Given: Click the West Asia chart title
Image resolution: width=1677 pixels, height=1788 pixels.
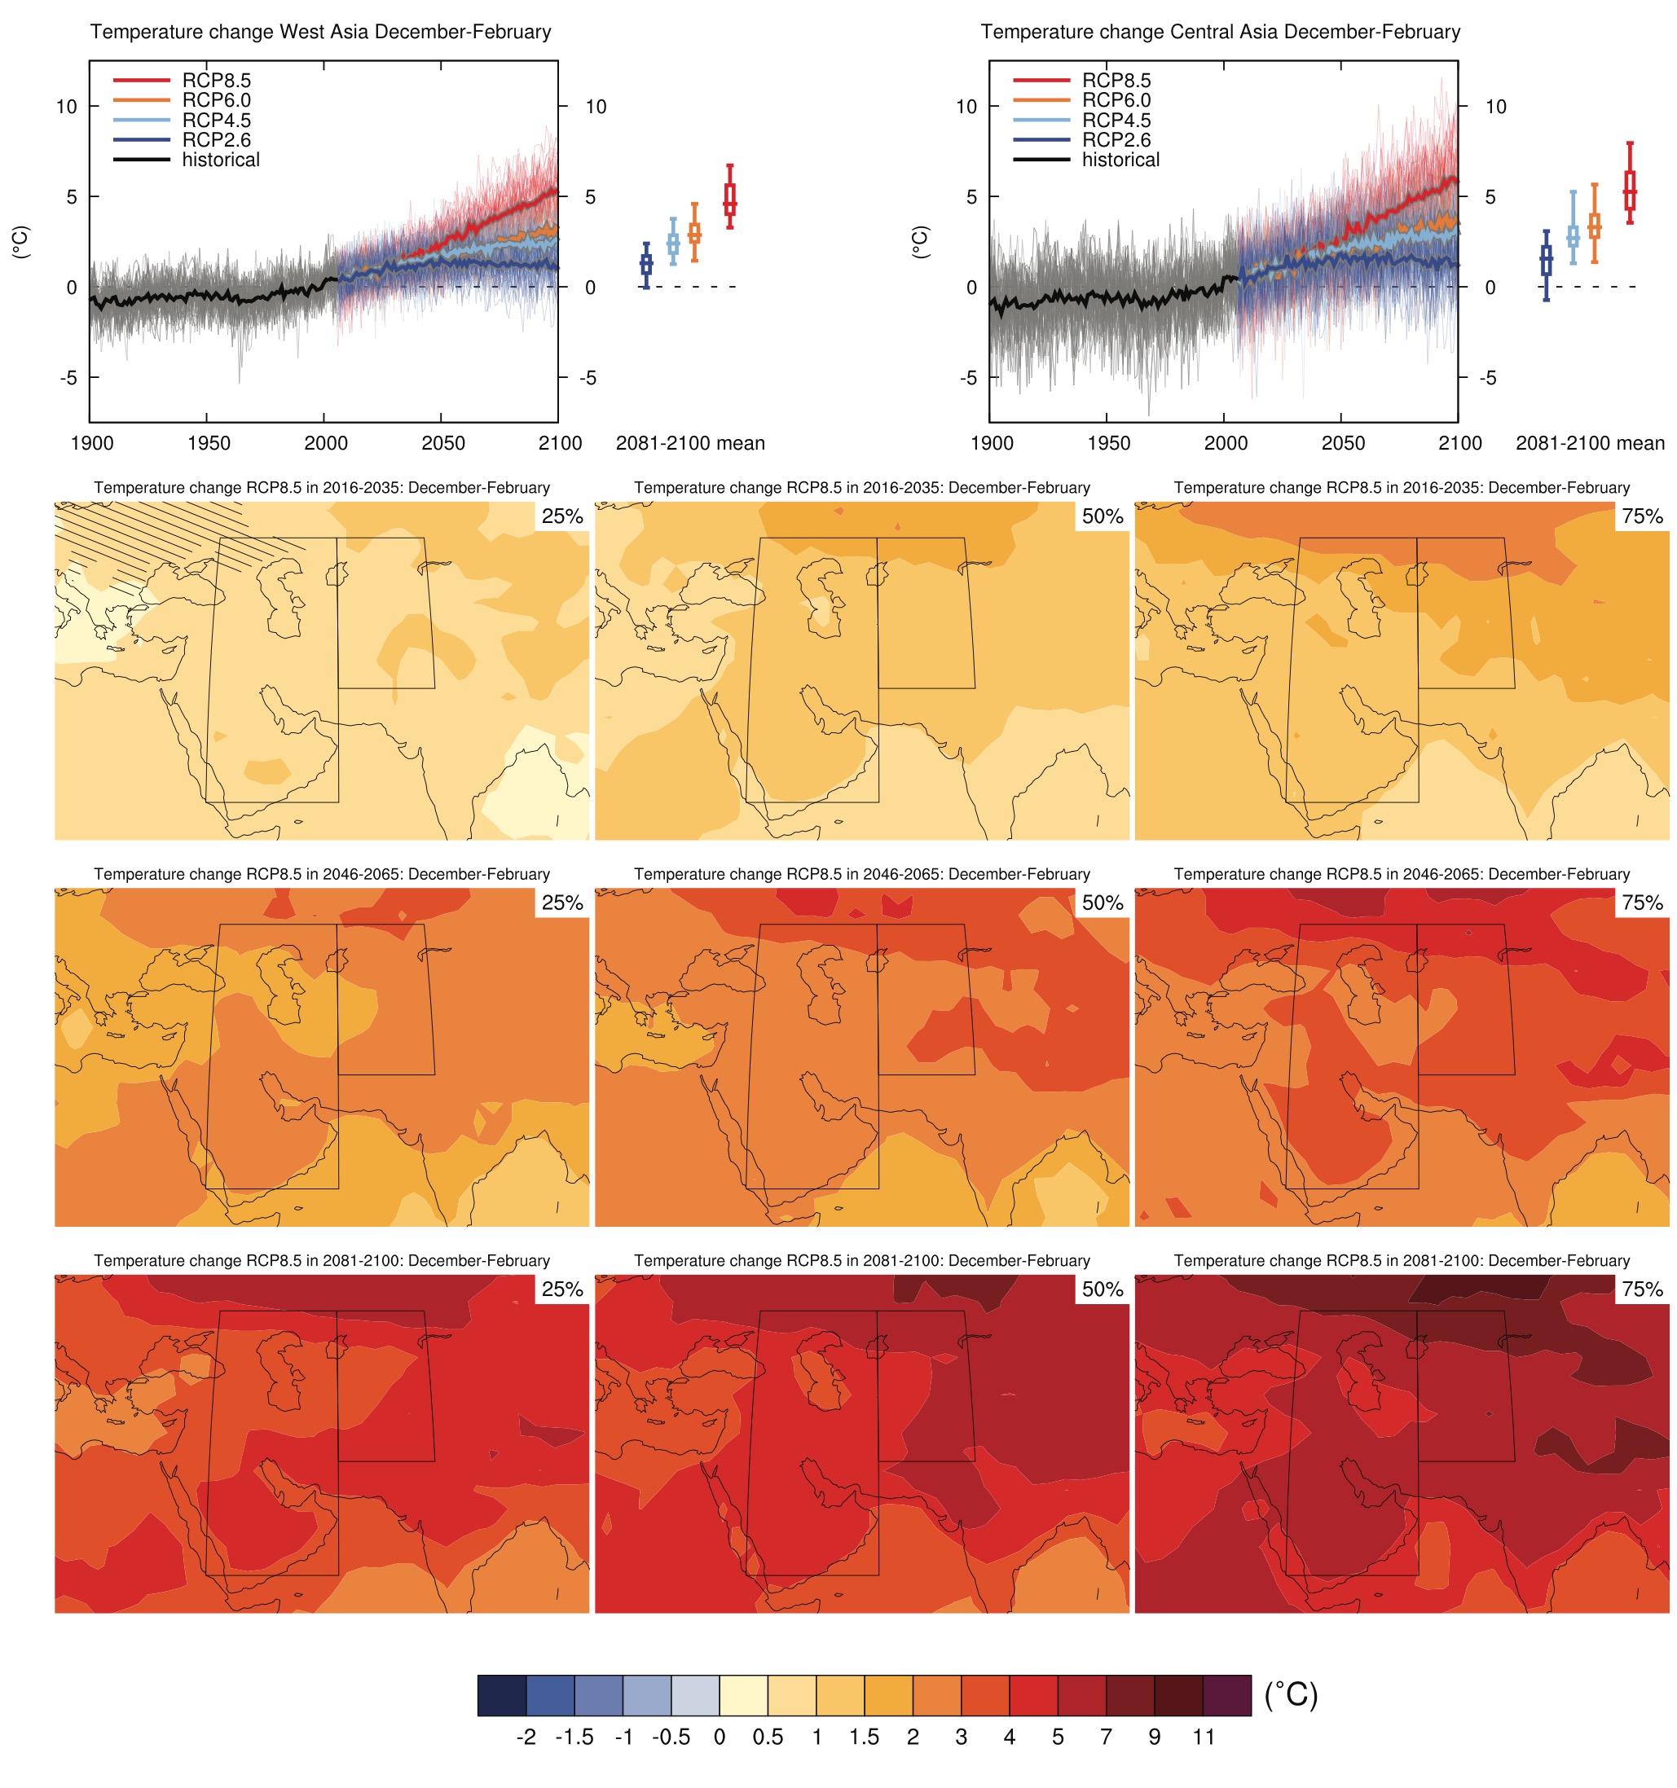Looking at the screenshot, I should pos(320,33).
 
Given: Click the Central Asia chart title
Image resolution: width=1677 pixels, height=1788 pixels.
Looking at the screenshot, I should pos(1220,33).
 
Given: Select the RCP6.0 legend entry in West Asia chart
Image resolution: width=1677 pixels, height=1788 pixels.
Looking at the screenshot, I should pos(216,101).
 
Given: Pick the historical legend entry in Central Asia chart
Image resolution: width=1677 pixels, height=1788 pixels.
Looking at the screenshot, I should pos(1120,160).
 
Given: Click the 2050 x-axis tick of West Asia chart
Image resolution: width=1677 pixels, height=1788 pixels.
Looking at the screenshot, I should pos(442,442).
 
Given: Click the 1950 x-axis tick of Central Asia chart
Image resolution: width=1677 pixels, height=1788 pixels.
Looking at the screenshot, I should pos(1108,442).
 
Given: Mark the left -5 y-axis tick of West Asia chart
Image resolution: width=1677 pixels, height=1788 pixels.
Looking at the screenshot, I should pos(68,378).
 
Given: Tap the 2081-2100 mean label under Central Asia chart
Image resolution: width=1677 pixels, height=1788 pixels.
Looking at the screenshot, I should pos(1590,442).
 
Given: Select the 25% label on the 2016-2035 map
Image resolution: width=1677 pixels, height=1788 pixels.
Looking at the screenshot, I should pos(562,516).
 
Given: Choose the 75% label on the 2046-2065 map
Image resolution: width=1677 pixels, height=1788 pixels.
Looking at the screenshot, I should pos(1642,903).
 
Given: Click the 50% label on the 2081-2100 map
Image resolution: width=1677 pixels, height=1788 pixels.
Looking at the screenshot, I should pos(1102,1289).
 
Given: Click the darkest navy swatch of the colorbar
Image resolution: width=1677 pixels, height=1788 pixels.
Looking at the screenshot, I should pos(501,1694).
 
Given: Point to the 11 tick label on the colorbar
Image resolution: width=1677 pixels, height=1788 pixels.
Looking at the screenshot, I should pos(1204,1737).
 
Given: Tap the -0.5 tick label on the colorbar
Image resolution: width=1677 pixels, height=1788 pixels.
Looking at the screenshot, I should pos(671,1737).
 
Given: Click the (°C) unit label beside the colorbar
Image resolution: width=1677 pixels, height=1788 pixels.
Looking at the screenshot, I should pos(1291,1694).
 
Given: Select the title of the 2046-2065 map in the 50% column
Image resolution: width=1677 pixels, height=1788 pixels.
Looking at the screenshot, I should pos(862,874).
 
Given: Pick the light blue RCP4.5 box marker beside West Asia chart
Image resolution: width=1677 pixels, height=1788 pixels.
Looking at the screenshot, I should pos(673,242).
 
